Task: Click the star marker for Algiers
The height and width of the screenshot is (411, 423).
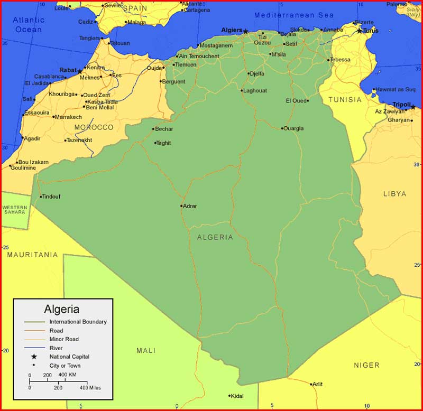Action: pos(245,31)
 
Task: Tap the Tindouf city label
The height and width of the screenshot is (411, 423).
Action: pos(51,197)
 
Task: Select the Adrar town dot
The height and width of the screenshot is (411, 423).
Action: pos(181,206)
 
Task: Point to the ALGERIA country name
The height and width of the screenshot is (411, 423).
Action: pos(215,237)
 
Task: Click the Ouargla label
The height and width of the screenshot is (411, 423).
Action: pos(294,128)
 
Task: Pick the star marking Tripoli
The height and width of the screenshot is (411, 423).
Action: pos(413,107)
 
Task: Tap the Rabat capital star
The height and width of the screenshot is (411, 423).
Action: pos(80,71)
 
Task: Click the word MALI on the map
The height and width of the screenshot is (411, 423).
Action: pos(146,350)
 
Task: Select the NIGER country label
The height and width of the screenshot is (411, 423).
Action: pos(366,365)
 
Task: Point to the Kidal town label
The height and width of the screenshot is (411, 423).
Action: pos(237,396)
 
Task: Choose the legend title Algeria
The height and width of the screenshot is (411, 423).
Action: pos(62,309)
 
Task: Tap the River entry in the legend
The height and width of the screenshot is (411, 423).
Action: pos(56,348)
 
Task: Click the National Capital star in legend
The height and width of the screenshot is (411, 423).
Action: pos(34,357)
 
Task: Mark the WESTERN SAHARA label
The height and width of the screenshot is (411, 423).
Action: pos(15,210)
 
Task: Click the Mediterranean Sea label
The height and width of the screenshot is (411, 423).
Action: pos(294,15)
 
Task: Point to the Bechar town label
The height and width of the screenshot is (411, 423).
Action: pos(165,129)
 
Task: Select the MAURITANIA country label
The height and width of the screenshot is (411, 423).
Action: pos(32,255)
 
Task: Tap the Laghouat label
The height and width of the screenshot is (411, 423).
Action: pos(255,90)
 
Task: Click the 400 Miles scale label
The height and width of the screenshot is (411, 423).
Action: pos(90,388)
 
